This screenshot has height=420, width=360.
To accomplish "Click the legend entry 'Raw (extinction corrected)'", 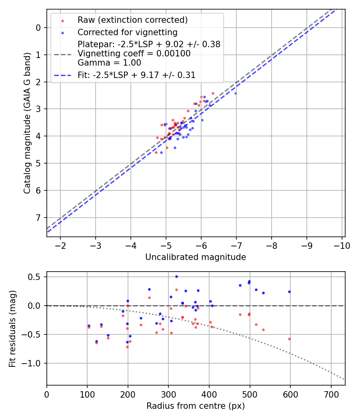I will click(x=132, y=20).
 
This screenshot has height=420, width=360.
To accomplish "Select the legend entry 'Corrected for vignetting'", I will click(x=127, y=32).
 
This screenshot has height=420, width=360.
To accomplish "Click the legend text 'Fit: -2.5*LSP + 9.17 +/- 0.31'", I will click(x=136, y=75).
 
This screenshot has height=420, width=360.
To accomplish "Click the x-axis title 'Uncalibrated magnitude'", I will click(x=196, y=257).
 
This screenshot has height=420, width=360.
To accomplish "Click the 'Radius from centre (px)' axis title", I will click(x=196, y=406).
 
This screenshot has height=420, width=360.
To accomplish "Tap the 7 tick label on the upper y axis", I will click(x=38, y=218).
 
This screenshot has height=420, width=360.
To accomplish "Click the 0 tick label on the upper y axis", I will click(x=38, y=28).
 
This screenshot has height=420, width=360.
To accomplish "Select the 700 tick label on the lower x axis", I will click(x=331, y=394).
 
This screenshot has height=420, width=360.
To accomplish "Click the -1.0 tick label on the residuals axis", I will click(x=34, y=363).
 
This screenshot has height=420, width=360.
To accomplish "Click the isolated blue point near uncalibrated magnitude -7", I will click(x=236, y=93).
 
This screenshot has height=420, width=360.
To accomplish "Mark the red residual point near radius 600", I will click(x=289, y=339).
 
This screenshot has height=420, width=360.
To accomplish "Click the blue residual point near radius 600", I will click(x=289, y=292).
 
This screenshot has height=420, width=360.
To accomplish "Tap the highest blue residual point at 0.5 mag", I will click(x=176, y=276).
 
